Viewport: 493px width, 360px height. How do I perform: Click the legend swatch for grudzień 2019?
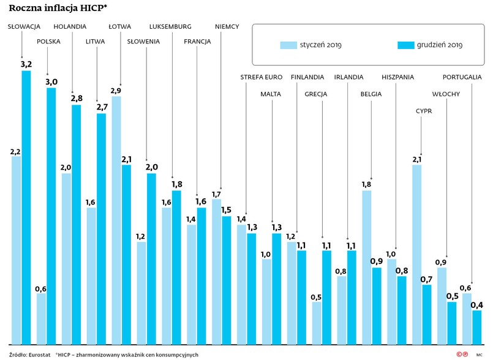(x=405, y=45)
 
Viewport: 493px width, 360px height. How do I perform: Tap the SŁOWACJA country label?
(x=24, y=27)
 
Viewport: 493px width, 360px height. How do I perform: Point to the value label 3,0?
(x=51, y=81)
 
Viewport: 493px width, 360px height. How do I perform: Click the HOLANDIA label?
(x=70, y=27)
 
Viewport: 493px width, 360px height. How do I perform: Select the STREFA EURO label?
(x=261, y=77)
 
